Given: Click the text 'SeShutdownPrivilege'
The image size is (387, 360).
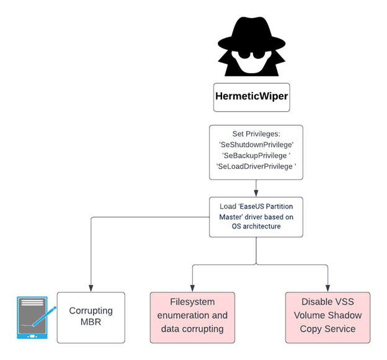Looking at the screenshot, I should tap(256, 143).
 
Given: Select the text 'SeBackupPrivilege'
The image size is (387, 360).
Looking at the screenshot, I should tap(256, 155).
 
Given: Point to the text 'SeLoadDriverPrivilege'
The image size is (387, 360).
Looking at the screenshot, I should tap(256, 166).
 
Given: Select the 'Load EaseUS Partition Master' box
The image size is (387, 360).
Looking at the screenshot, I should tap(256, 217).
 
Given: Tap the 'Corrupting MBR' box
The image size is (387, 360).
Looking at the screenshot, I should tap(91, 317).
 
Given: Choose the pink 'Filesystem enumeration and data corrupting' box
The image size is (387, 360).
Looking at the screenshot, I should tap(192, 317).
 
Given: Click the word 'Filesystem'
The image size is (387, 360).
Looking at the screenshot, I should tap(192, 302).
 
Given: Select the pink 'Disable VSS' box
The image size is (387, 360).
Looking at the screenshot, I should tap(327, 317).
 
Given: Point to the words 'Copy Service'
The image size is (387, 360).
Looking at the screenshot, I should tap(327, 329).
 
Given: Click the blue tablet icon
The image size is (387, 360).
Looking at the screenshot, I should tap(32, 318).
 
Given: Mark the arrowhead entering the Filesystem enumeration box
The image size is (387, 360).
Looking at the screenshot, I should tap(192, 289).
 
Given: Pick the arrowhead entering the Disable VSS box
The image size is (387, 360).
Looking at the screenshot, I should tap(327, 289).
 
